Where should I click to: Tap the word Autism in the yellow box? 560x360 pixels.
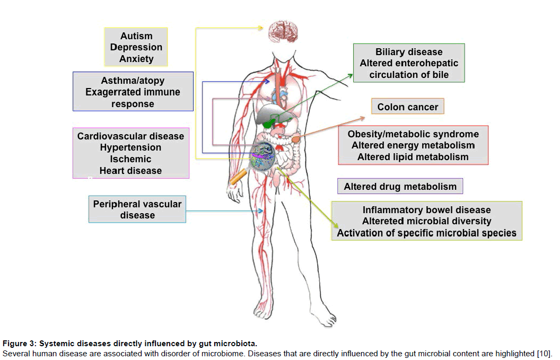(x=136, y=36)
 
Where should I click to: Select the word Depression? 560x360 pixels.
(x=136, y=47)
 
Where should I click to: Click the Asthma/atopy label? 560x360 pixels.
(x=133, y=81)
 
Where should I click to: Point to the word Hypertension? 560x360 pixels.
(x=130, y=147)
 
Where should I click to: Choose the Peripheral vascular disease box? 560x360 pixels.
(x=137, y=209)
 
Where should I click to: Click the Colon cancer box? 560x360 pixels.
(x=407, y=107)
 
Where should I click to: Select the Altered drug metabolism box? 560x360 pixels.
(x=400, y=187)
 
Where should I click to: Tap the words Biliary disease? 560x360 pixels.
(x=409, y=52)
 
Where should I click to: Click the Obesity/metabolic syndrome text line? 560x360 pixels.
(x=413, y=134)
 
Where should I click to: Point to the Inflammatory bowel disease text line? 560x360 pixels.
(x=427, y=210)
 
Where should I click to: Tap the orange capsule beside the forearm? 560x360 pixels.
(x=238, y=177)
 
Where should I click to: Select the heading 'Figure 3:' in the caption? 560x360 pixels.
(x=19, y=344)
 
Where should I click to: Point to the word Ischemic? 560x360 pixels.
(x=130, y=159)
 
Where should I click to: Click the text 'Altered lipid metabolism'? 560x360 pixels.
(x=413, y=157)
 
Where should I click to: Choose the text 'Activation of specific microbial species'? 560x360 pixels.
(x=427, y=233)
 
